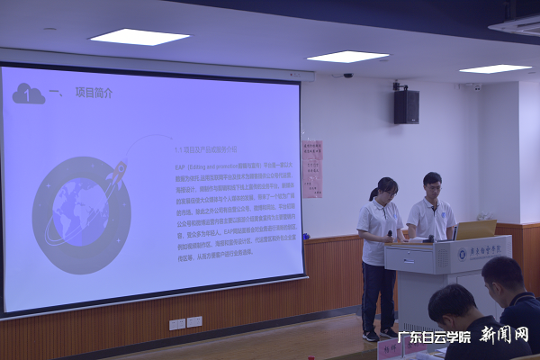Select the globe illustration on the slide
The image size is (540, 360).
(80, 211)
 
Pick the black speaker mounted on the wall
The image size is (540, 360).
(406, 106)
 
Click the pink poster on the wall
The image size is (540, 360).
(311, 168)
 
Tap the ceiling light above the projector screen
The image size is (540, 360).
(139, 37)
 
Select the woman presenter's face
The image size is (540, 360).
(388, 191)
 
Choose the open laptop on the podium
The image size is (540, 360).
(475, 229)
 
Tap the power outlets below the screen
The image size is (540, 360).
(186, 322)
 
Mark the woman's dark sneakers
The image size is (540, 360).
(379, 335)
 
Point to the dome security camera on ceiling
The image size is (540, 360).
(347, 76)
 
